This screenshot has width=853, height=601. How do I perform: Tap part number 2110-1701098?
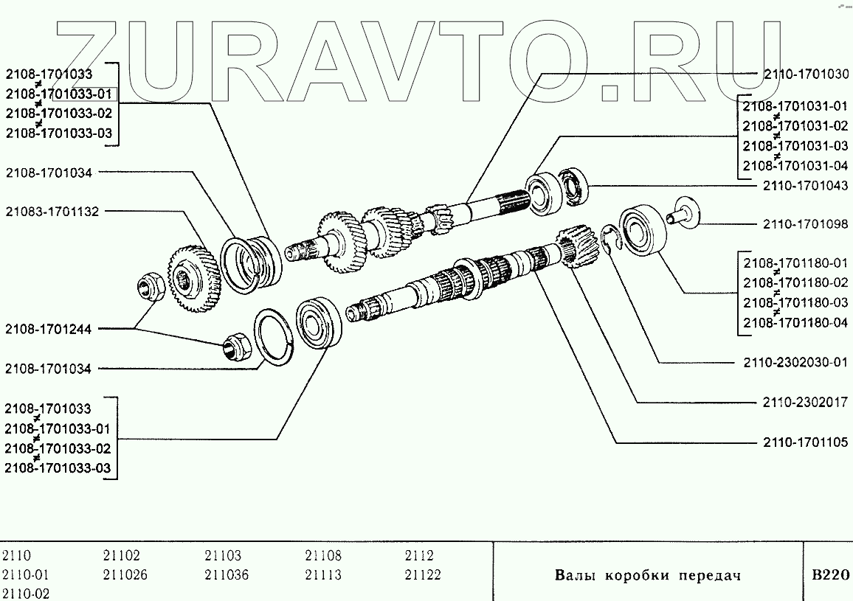point(796,223)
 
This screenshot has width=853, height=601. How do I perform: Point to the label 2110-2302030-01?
point(790,364)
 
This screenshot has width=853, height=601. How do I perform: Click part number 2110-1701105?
point(796,442)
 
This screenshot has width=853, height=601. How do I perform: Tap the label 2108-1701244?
point(48,330)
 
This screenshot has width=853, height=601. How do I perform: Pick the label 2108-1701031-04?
point(790,164)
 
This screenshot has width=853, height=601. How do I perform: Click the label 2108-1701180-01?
point(790,263)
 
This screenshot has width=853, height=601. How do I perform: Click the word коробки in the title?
point(630,575)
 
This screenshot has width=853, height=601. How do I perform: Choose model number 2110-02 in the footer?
point(27,593)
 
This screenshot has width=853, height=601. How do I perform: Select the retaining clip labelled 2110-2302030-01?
point(609,237)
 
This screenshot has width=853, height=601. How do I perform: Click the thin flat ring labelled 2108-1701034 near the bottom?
point(274,338)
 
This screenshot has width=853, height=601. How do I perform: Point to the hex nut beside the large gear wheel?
point(152,287)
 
